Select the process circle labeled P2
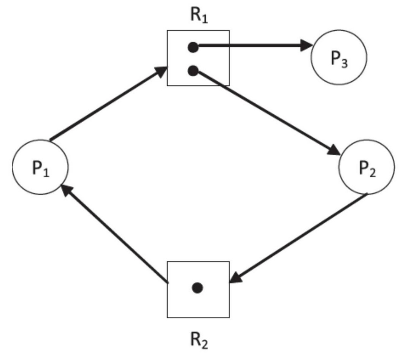(x=367, y=167)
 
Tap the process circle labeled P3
(x=339, y=58)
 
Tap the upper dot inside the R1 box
(x=193, y=47)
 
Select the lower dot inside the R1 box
(x=193, y=71)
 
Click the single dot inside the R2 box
(x=197, y=288)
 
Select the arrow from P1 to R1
(x=108, y=104)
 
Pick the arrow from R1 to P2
(x=266, y=112)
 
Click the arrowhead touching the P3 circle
(x=306, y=46)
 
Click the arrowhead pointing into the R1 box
(x=161, y=71)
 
